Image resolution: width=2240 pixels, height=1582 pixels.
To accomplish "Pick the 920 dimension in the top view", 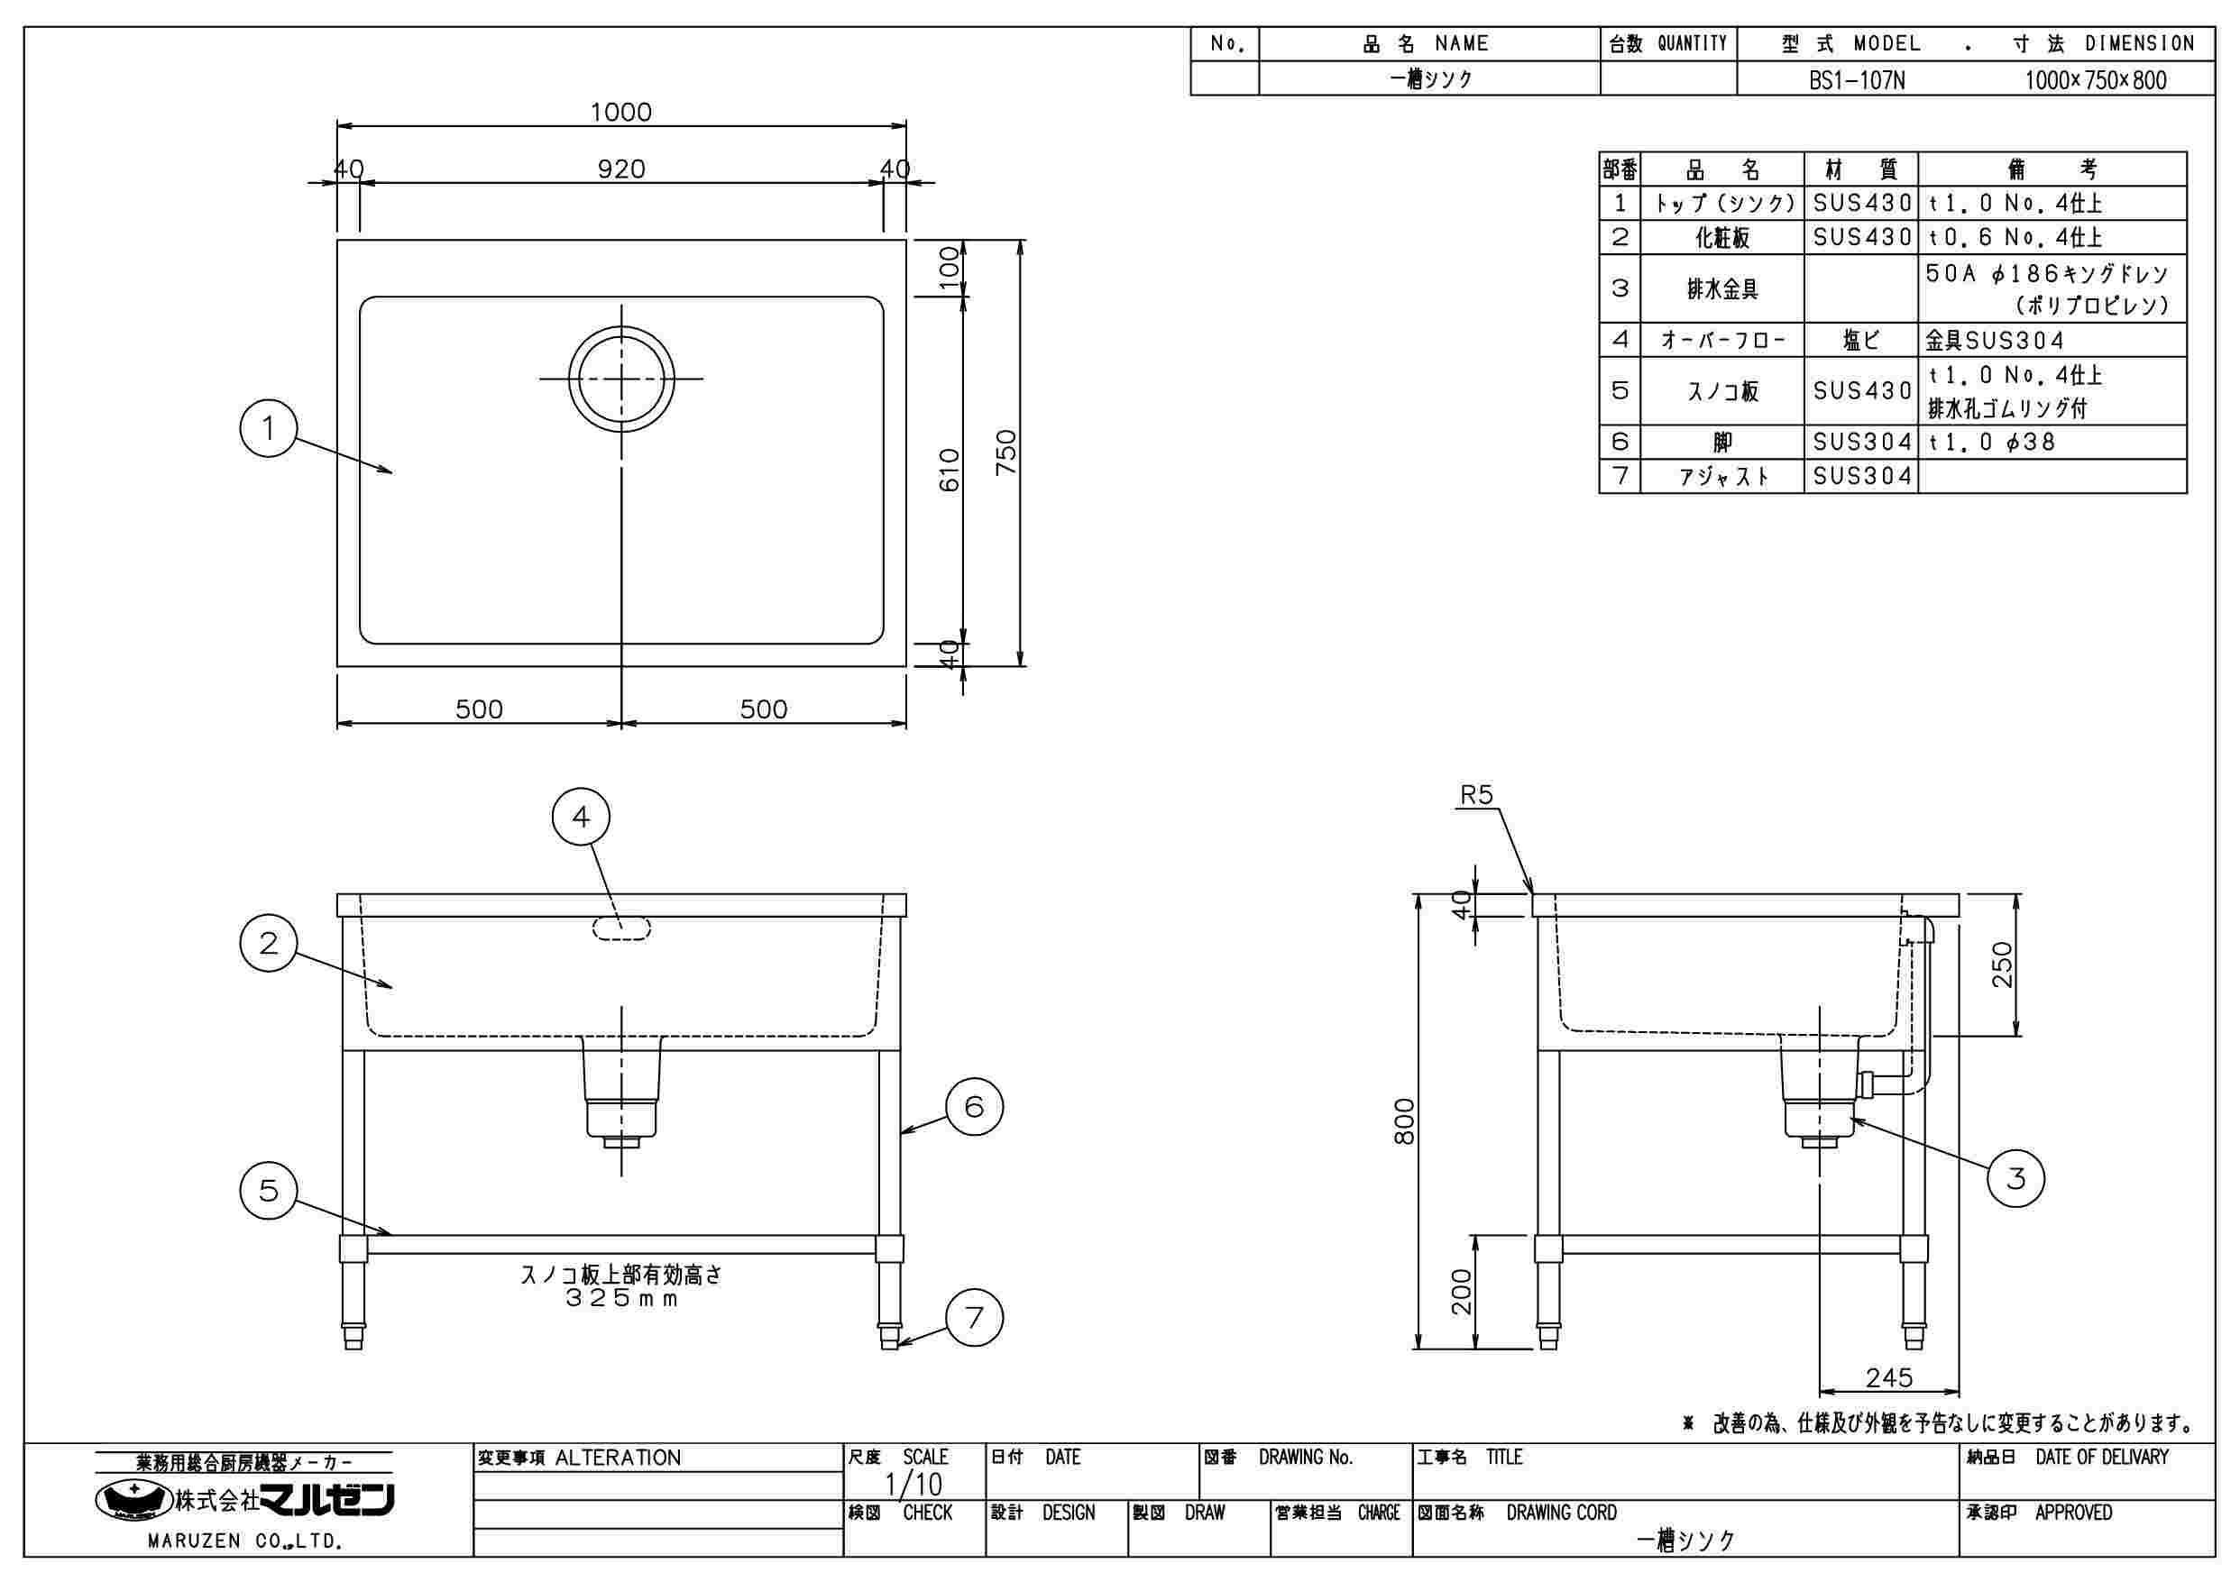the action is tap(621, 169).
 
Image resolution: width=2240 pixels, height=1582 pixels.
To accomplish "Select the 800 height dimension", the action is tap(1404, 1121).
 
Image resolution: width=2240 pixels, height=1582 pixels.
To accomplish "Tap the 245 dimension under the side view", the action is tap(1889, 1377).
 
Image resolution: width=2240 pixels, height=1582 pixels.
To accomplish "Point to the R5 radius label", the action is tap(1476, 795).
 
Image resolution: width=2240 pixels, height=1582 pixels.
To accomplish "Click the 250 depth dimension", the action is tap(2001, 965).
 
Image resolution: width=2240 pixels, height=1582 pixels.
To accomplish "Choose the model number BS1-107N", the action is tap(1857, 80).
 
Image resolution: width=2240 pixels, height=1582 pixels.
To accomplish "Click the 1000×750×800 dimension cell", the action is tap(2096, 80).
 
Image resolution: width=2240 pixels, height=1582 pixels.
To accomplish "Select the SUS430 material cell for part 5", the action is tap(1861, 391).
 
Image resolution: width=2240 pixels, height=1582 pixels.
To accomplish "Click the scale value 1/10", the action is tap(913, 1485).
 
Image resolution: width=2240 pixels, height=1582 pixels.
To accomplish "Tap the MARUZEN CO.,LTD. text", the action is tap(243, 1542).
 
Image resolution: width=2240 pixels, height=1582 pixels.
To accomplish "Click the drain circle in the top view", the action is tap(621, 378).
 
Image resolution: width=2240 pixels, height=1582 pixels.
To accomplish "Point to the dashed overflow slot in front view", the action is tap(621, 928).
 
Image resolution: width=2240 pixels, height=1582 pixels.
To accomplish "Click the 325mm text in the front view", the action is tap(621, 1299).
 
